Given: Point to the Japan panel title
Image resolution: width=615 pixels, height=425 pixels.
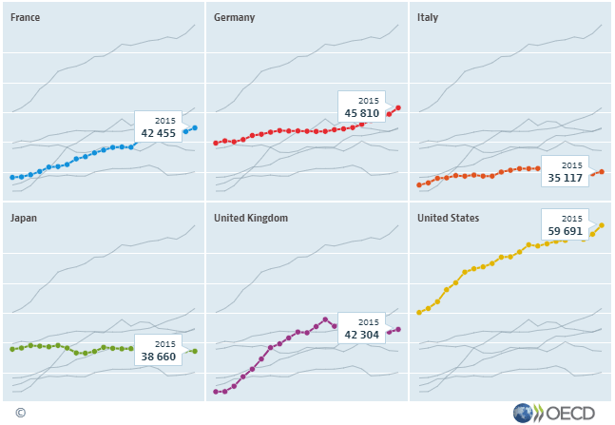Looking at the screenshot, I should pos(24,218).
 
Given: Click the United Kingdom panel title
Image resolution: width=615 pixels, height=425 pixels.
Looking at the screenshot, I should pos(251,218).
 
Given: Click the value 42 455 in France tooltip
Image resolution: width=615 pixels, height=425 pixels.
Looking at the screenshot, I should pos(160,133).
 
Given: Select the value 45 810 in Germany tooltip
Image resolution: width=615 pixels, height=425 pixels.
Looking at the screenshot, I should pos(361,114).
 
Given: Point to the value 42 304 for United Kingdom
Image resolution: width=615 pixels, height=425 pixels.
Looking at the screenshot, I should pos(361,335).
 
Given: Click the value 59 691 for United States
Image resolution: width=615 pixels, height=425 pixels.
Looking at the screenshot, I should pos(565,230).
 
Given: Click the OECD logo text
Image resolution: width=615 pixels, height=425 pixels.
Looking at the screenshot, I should pos(569,413).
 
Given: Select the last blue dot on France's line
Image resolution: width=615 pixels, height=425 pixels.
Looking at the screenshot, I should pos(195,127).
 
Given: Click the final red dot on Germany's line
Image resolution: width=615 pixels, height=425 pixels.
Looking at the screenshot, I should pos(398,107).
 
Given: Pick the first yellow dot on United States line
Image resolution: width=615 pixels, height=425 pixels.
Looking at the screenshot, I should pos(419,312).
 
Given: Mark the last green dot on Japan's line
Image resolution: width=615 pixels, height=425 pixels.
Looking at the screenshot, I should pos(195,351).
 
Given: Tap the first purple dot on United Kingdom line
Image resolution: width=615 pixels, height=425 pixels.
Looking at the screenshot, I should pos(216,391).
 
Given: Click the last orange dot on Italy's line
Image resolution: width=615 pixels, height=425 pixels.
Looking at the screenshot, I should pos(602,172).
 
